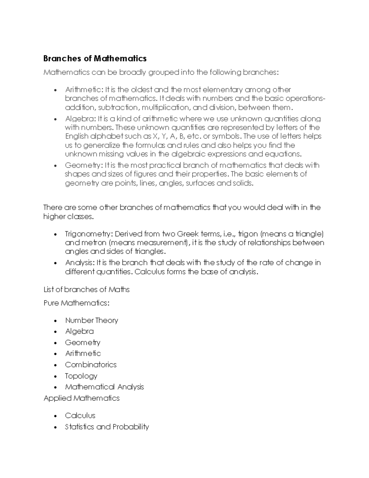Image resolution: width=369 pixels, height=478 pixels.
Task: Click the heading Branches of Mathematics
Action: (95, 58)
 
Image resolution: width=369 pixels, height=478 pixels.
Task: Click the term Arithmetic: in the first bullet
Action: (83, 90)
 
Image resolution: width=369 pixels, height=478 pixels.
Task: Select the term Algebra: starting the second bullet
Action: (81, 119)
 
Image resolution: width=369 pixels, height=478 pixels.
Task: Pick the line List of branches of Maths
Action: (86, 290)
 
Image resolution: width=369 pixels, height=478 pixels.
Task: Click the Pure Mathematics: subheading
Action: (76, 303)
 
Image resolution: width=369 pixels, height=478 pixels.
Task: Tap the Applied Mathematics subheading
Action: (81, 398)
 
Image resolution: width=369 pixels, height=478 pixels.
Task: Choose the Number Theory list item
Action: (91, 320)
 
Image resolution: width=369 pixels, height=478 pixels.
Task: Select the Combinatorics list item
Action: (91, 365)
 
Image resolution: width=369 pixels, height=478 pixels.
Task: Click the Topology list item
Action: (81, 376)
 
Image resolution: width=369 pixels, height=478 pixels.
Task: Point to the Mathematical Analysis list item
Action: (104, 387)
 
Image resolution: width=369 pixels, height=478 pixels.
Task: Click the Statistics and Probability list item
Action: (107, 427)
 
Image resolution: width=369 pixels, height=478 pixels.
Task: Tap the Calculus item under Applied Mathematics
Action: (80, 416)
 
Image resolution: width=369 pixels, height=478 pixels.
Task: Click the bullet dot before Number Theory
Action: (55, 321)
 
